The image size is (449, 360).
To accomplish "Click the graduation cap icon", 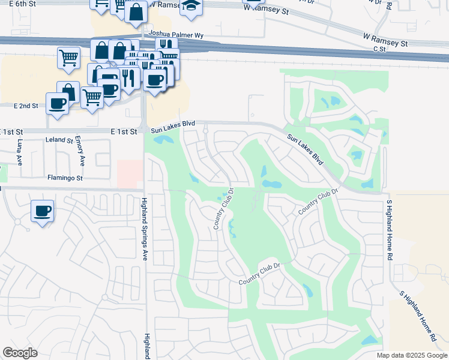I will click(191, 6).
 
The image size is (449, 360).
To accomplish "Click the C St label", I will click(378, 49).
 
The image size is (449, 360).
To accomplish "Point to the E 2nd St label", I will click(26, 106).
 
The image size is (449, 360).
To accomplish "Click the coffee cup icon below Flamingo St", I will click(43, 211).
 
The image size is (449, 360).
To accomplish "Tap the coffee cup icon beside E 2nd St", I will click(58, 103).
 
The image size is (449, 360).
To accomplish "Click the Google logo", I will click(20, 353).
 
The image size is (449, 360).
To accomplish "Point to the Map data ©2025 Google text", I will click(411, 355).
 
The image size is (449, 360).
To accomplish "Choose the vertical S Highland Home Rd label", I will click(390, 229).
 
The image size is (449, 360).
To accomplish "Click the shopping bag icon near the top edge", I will click(136, 11).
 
